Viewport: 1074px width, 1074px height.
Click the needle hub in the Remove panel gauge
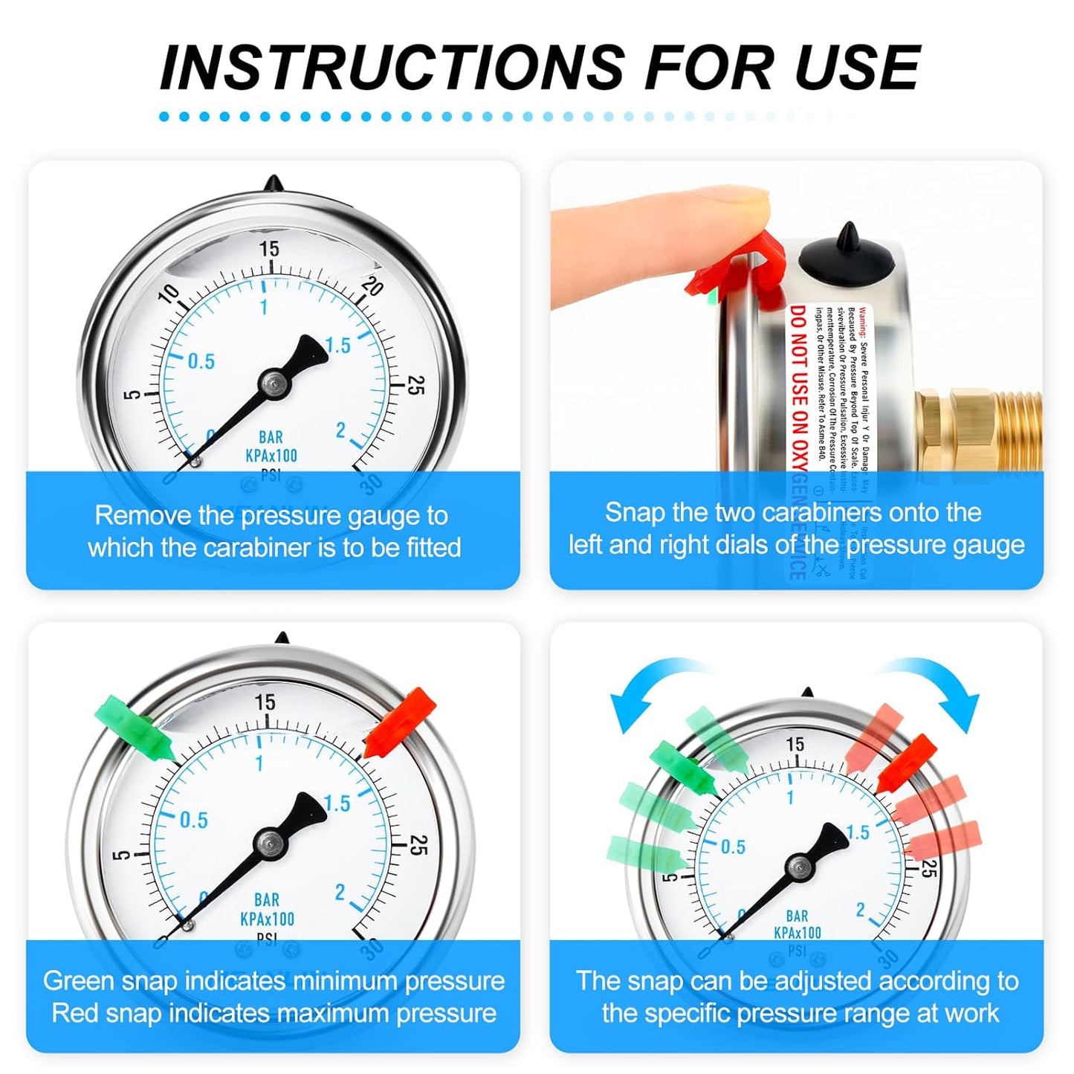tap(274, 384)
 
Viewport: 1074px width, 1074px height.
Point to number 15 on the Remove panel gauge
tap(268, 248)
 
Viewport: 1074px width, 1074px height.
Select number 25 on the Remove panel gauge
tap(417, 385)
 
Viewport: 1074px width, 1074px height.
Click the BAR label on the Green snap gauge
tap(267, 900)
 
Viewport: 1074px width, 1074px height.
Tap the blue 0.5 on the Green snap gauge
tap(194, 821)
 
